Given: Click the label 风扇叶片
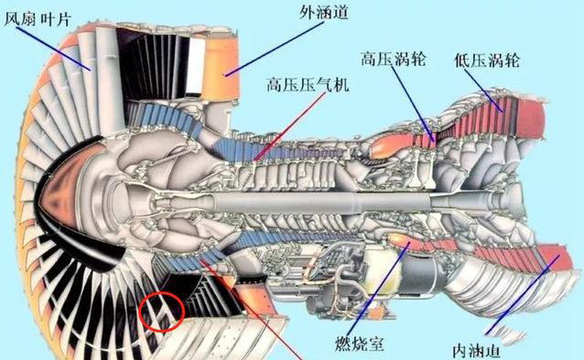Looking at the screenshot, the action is click(x=37, y=18).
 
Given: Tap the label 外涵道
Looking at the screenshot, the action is click(x=323, y=12).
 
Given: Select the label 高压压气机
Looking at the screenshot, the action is click(x=308, y=84).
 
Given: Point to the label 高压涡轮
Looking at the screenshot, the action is click(x=393, y=59).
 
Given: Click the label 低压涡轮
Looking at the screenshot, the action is click(x=486, y=60).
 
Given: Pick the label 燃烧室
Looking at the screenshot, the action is click(x=359, y=343).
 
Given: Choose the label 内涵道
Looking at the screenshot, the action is click(x=477, y=350).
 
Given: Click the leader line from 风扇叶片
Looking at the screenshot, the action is click(x=53, y=48).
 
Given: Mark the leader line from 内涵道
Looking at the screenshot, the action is click(x=523, y=294).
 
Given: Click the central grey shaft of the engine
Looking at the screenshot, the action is click(x=320, y=203).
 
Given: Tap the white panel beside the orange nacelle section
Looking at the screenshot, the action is click(x=196, y=66).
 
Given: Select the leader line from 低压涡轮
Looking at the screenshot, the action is click(x=483, y=90).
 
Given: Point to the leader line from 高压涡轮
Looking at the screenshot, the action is click(x=413, y=104).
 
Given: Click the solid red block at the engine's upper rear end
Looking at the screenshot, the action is click(x=531, y=118).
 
